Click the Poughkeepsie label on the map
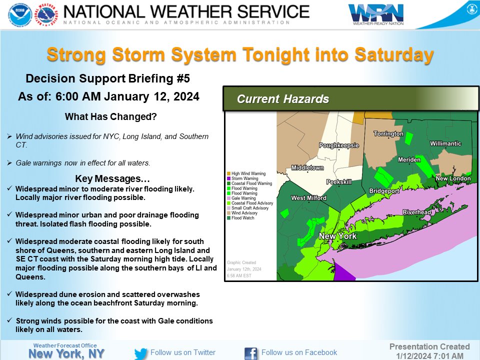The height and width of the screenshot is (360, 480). (339, 145)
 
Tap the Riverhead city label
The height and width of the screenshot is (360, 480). (416, 212)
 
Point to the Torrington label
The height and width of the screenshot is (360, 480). (388, 134)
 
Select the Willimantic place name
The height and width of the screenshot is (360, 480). (445, 143)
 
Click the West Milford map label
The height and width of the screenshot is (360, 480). (308, 198)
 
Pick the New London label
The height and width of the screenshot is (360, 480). (453, 178)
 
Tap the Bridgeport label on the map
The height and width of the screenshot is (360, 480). (384, 191)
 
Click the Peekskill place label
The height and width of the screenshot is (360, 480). (339, 182)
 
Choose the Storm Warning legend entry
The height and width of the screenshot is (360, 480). (243, 178)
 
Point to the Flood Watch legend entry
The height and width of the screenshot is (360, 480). (242, 218)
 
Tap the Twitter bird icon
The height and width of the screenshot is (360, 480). (141, 353)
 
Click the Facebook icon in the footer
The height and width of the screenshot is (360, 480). (251, 353)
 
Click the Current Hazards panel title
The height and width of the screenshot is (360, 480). (283, 99)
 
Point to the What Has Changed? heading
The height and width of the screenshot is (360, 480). (110, 117)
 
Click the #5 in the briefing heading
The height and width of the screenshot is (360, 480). (182, 78)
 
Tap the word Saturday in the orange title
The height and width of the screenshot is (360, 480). (397, 55)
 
